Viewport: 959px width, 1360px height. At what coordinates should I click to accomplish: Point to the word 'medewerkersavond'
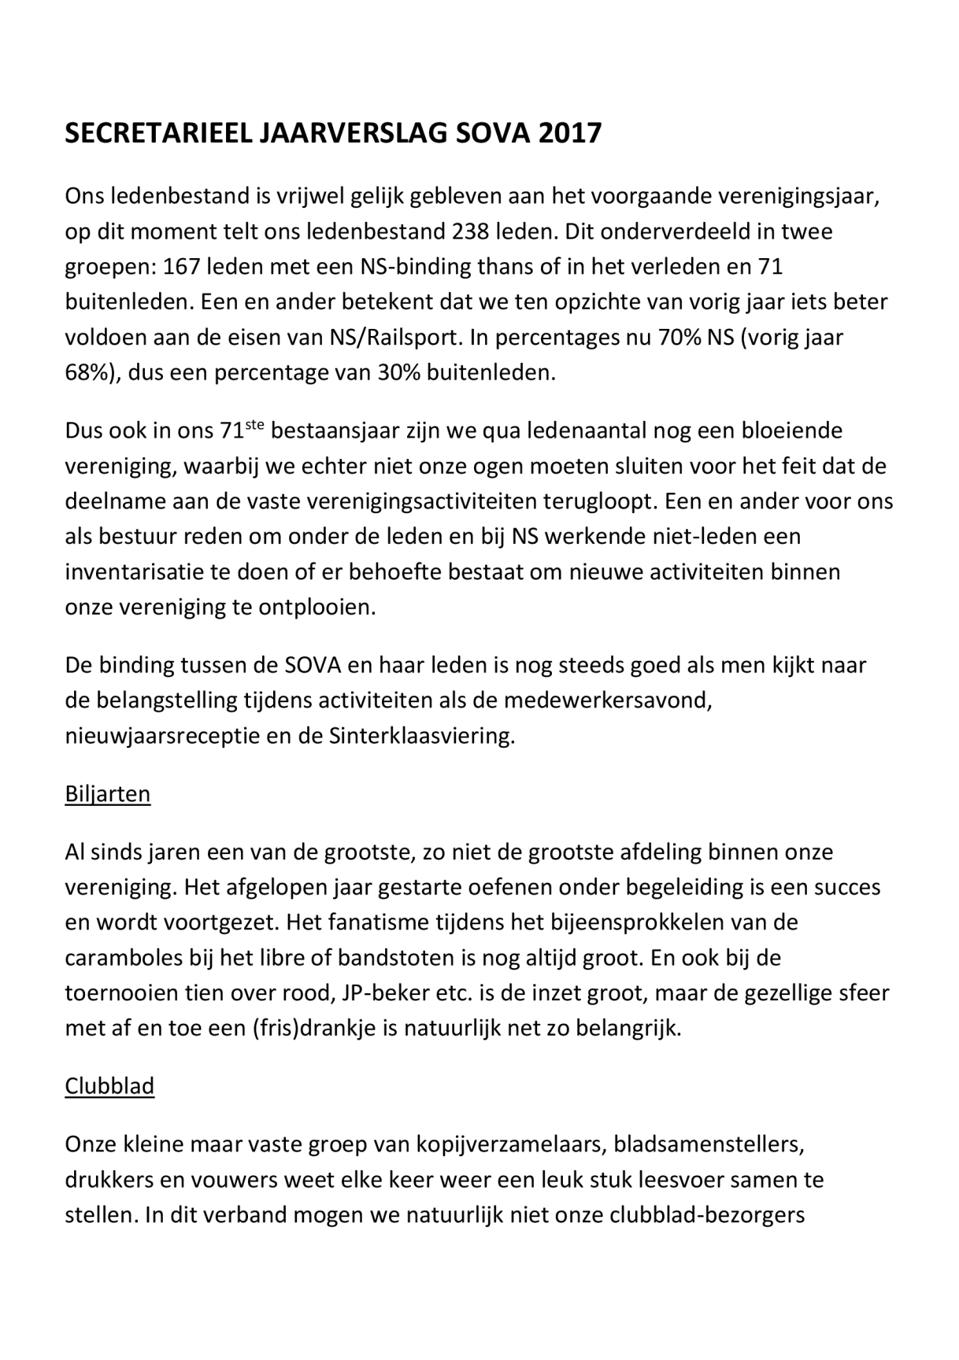click(608, 700)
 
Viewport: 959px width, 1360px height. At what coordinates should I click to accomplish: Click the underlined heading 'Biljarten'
click(107, 793)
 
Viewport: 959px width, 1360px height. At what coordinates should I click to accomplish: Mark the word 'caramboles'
click(124, 958)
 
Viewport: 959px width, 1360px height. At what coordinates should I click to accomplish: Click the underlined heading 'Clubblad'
click(109, 1086)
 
